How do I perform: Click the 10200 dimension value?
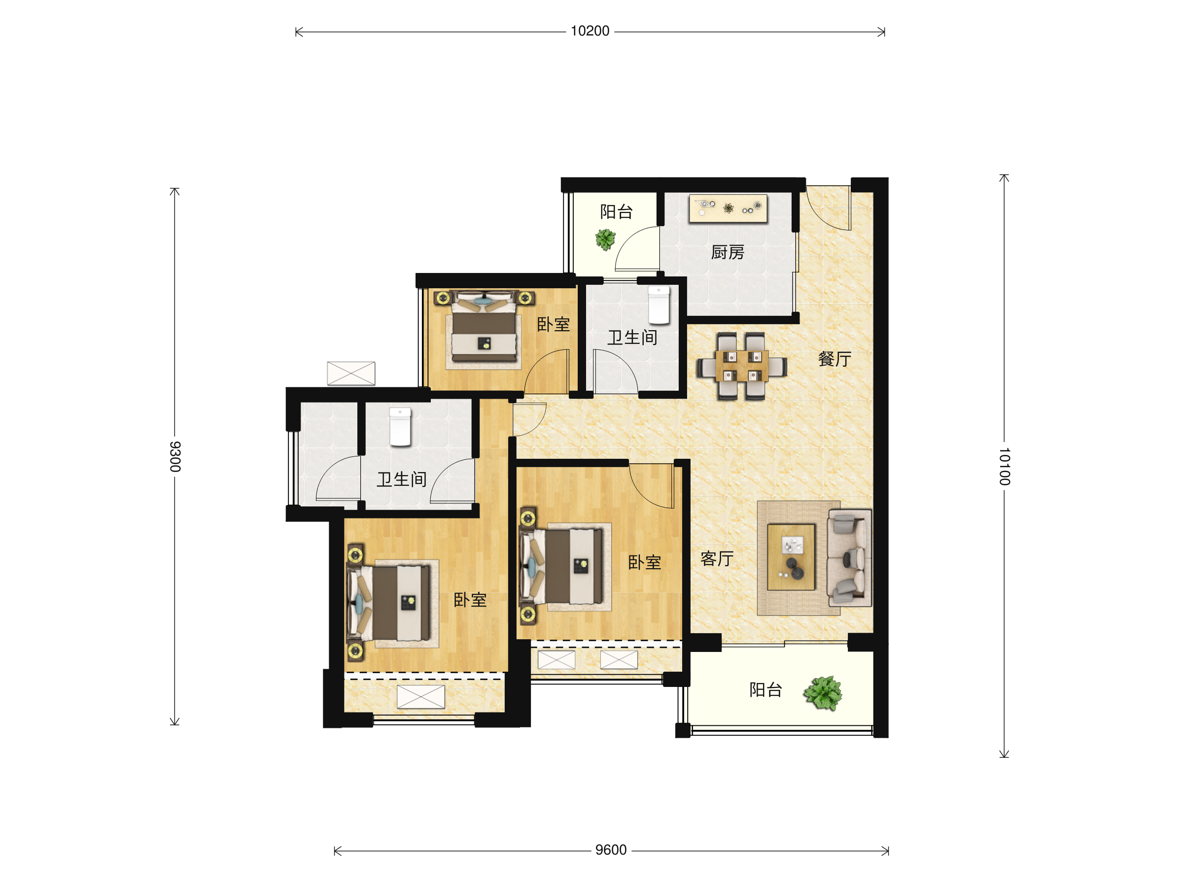[x=590, y=31]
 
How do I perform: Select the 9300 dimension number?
[x=175, y=457]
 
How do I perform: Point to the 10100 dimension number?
[x=1005, y=467]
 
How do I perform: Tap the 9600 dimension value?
[x=611, y=850]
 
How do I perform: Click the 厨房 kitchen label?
[x=728, y=252]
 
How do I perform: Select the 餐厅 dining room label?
[x=835, y=359]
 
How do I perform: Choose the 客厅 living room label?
[x=717, y=559]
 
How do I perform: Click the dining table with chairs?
[x=741, y=366]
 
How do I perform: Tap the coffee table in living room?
[x=791, y=556]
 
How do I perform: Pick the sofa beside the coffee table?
[x=849, y=558]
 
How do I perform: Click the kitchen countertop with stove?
[x=728, y=208]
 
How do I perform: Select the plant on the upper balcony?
[x=605, y=239]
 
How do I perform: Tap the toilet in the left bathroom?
[x=400, y=427]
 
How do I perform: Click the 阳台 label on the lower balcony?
[x=765, y=690]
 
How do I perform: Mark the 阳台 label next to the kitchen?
[x=616, y=212]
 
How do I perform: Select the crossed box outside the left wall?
[x=351, y=373]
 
